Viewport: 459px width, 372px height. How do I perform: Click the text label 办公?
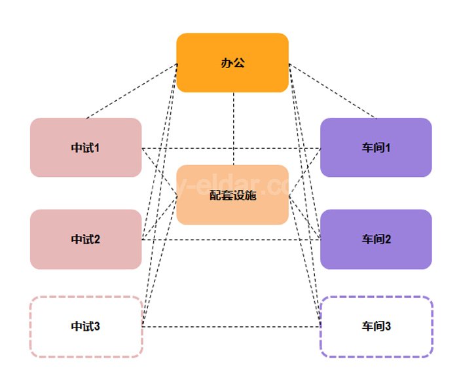pos(232,64)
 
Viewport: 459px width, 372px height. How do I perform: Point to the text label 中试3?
pos(85,326)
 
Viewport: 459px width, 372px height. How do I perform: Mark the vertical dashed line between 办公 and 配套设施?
pos(234,128)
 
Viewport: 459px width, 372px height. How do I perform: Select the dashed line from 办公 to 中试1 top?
pos(131,91)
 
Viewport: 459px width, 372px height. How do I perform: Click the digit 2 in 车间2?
pos(388,240)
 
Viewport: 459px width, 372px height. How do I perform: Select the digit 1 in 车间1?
pos(388,148)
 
